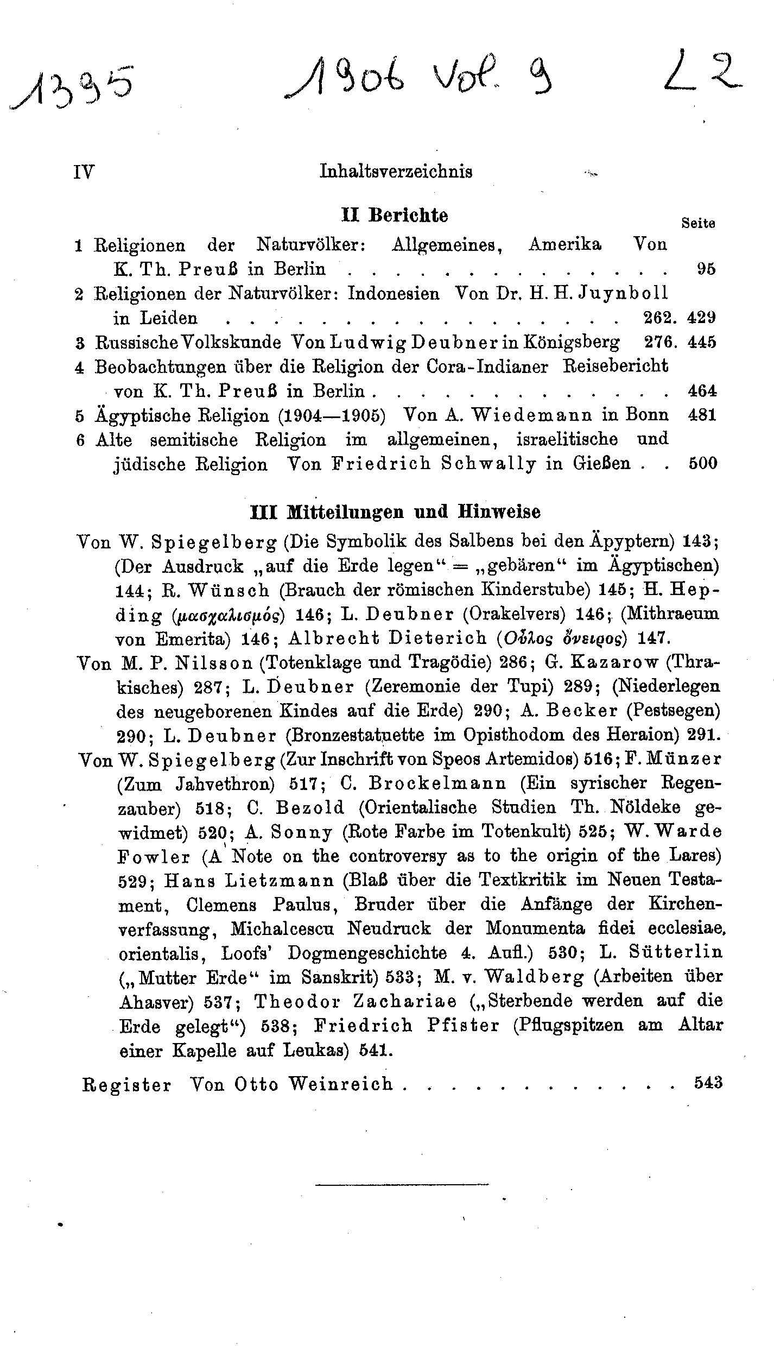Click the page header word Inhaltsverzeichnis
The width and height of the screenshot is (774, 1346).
[396, 172]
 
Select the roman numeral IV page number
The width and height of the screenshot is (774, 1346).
[84, 172]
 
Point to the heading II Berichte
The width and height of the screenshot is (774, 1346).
[395, 216]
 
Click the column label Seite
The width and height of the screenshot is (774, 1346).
[697, 223]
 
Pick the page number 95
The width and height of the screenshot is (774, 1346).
[706, 269]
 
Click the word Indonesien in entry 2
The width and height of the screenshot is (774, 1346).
[393, 294]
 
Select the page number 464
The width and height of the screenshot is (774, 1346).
[702, 390]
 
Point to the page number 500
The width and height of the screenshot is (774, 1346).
[702, 464]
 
